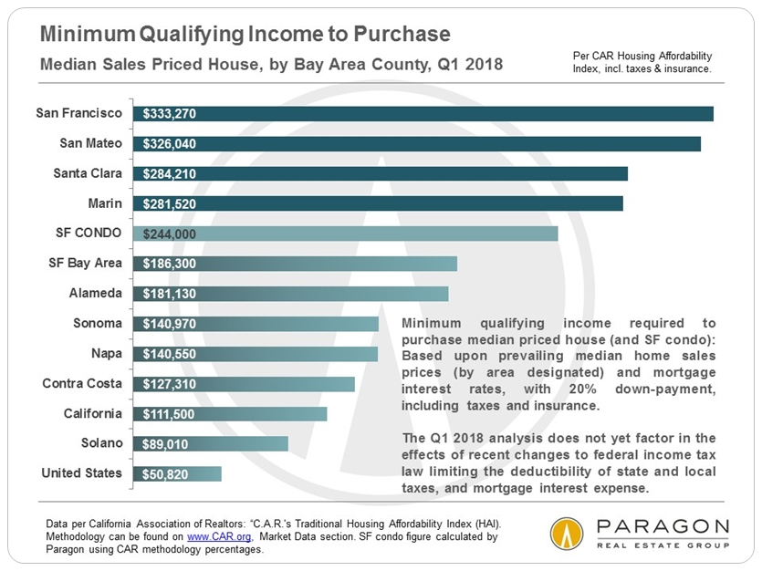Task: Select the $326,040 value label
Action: [x=170, y=144]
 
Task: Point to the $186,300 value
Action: [x=170, y=264]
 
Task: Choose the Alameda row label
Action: [x=95, y=293]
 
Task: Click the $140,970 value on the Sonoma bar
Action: [x=170, y=324]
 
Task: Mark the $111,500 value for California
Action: [x=170, y=414]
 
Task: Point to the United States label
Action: [x=81, y=472]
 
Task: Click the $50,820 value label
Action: [x=166, y=474]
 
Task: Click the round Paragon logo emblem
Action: [x=567, y=533]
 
